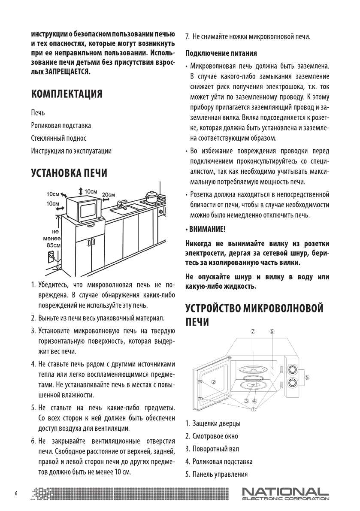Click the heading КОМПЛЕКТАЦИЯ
click(x=66, y=94)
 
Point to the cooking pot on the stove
click(x=151, y=197)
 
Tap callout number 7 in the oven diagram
click(x=253, y=331)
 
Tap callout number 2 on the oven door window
click(x=213, y=381)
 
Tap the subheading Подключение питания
click(x=221, y=54)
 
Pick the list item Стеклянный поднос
click(x=58, y=138)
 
